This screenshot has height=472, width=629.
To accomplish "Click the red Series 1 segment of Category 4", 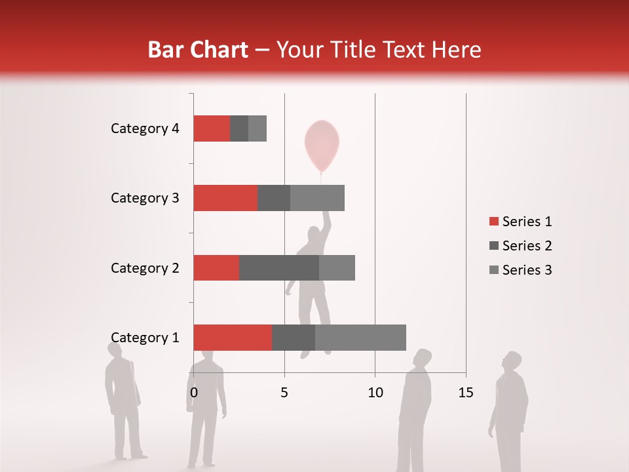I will pos(212,128).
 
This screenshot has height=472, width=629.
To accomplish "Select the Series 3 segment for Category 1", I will pos(360,337).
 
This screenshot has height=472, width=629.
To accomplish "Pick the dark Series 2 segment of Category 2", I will pos(279,267).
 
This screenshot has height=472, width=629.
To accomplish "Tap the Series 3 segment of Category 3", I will pos(317,198).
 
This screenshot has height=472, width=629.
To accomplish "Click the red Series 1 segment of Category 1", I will pos(233,337).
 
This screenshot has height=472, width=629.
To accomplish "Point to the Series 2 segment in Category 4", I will pos(239,128).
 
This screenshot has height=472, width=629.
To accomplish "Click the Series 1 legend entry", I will pos(521,222).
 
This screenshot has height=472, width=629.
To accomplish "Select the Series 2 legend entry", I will pos(521,246).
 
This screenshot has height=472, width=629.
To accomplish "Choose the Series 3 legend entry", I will pos(521,270).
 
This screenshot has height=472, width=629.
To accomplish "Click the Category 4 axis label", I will pos(145,128).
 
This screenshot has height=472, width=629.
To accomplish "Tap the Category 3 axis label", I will pos(145,198).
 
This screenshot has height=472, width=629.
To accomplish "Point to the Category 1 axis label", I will pos(145,338).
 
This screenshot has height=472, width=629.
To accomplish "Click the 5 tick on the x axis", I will pos(284,393).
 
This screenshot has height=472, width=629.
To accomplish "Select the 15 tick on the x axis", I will pos(465,393).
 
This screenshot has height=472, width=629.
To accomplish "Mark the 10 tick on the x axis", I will pos(375,393).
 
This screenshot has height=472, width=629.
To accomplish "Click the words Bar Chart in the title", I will pos(197,50).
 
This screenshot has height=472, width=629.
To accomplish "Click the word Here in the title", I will pos(458,50).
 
